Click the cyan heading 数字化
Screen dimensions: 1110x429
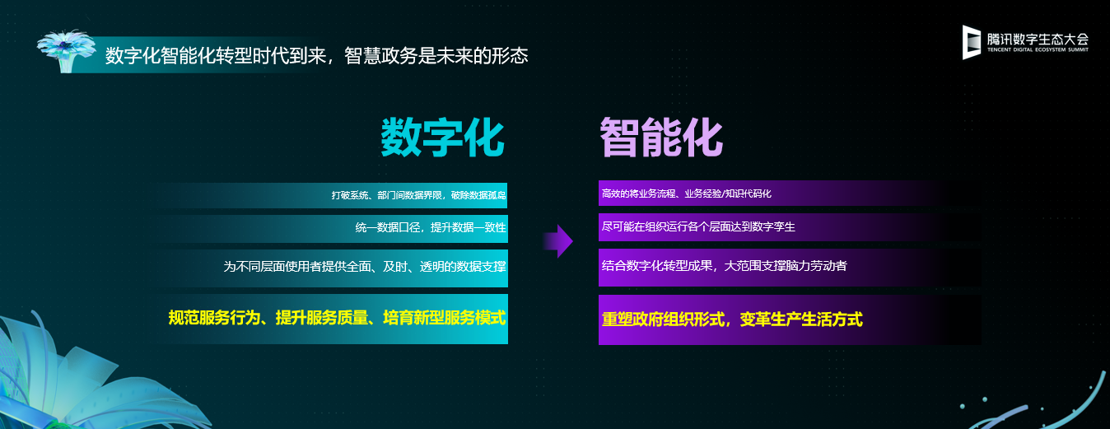point(442,138)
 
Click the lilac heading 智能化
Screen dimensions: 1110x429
point(661,138)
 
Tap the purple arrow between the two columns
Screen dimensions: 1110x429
point(558,241)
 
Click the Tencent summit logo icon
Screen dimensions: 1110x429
point(972,42)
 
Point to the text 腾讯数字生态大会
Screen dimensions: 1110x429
point(1038,39)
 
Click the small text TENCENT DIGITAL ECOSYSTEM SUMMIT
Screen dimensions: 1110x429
point(1038,49)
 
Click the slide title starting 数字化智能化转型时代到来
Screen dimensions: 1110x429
point(316,55)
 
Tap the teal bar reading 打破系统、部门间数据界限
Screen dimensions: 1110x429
point(333,195)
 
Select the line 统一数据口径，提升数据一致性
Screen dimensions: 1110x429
point(431,227)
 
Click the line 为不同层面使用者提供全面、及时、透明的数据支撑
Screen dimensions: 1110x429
point(365,267)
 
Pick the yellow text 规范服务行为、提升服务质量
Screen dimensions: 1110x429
point(268,318)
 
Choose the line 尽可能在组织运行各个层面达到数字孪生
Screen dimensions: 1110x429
point(698,227)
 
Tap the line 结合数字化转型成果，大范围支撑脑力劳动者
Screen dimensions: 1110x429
point(724,266)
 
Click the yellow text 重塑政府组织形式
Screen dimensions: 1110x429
point(663,319)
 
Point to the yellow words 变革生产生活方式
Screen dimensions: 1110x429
point(801,319)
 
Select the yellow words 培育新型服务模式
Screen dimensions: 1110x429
point(445,318)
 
